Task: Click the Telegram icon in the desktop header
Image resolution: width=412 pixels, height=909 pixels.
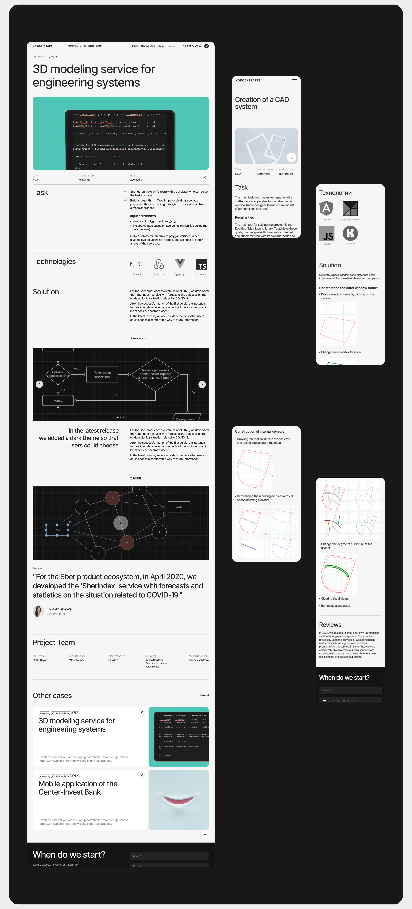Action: tap(206, 46)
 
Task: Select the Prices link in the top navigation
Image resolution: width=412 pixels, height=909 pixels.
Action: tap(135, 46)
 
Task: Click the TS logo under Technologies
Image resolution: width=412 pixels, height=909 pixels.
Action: tap(201, 264)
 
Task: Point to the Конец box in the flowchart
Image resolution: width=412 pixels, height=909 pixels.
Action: tap(58, 401)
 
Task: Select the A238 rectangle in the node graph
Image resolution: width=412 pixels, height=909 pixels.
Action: tap(179, 507)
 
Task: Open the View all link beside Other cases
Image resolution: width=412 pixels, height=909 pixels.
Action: tap(204, 695)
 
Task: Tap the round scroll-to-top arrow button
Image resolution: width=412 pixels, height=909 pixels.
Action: tap(205, 835)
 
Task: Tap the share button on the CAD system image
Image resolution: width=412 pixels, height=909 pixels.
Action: tap(291, 157)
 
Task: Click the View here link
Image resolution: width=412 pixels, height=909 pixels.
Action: tap(136, 478)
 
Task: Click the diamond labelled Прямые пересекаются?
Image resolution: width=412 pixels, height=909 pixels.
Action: tap(58, 374)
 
